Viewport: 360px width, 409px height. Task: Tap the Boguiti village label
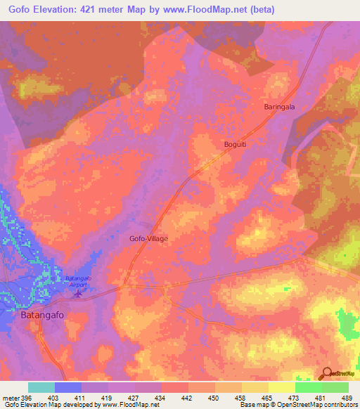pyautogui.click(x=227, y=143)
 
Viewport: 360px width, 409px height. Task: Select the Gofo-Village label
pyautogui.click(x=148, y=238)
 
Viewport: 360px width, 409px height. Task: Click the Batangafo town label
pyautogui.click(x=38, y=316)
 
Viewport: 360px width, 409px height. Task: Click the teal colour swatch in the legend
pyautogui.click(x=41, y=387)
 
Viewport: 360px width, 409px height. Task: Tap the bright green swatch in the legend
pyautogui.click(x=335, y=387)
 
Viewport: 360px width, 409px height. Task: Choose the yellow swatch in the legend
pyautogui.click(x=281, y=387)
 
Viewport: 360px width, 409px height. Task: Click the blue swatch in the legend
pyautogui.click(x=68, y=387)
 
